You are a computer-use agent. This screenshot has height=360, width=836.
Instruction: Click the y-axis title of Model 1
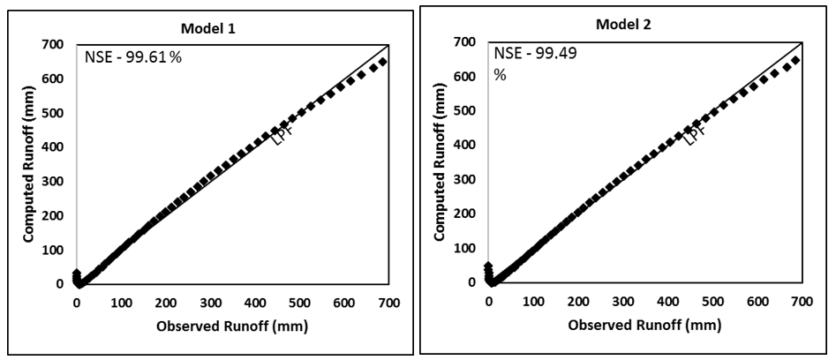(x=28, y=164)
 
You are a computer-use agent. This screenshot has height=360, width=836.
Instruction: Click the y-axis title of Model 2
(x=441, y=163)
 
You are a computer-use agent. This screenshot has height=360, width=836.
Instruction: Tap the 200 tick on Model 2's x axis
(x=578, y=302)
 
